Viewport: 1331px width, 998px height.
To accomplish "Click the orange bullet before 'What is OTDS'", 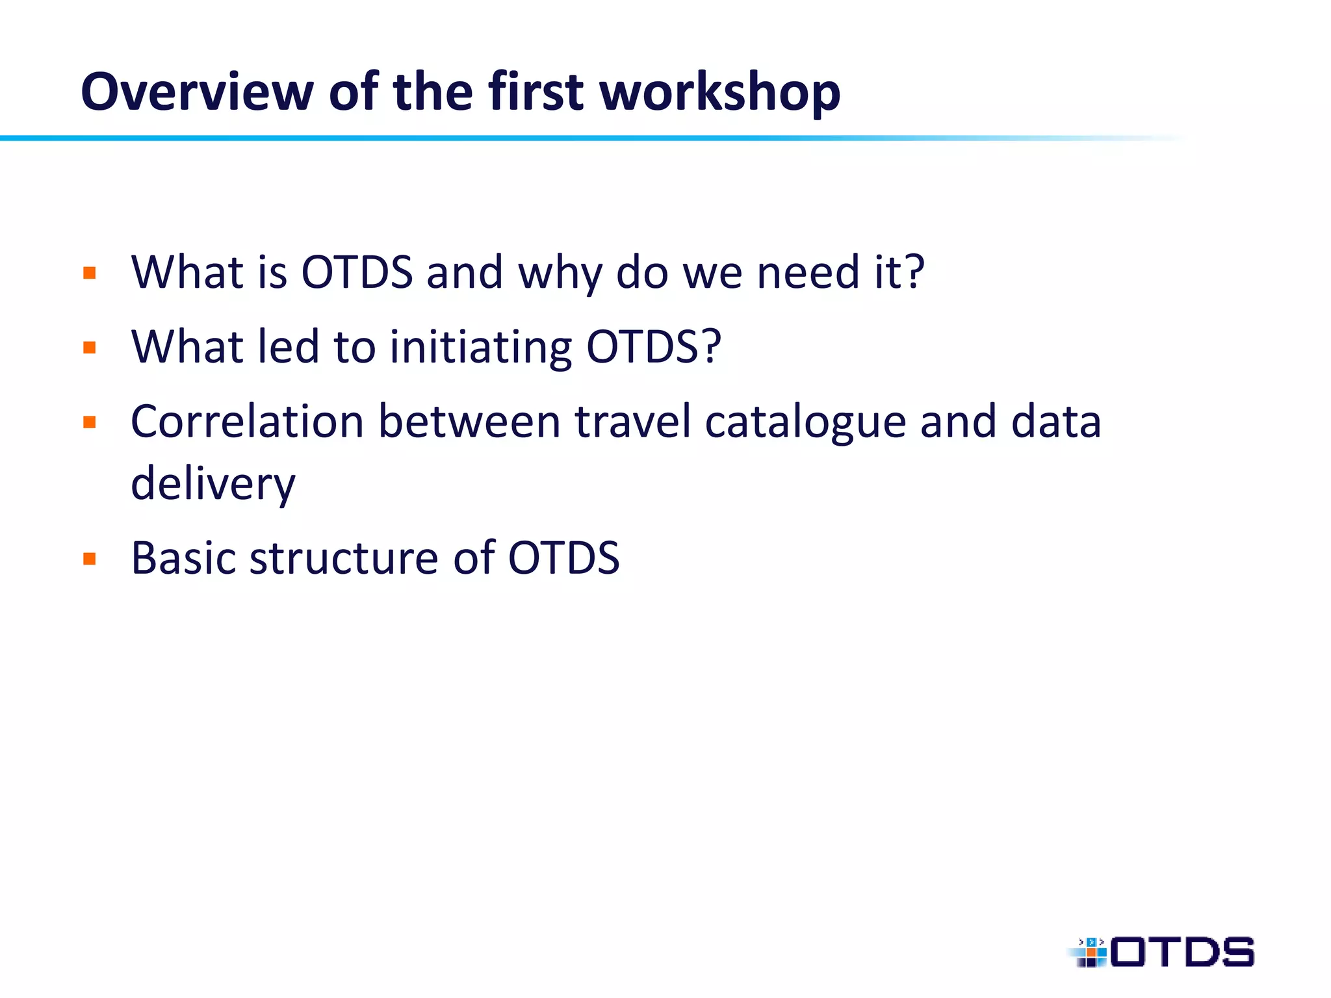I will point(90,273).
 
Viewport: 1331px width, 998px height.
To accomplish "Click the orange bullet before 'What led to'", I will point(90,348).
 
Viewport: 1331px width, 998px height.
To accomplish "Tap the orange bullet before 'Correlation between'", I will point(90,423).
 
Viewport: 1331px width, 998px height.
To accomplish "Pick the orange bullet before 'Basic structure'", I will point(90,559).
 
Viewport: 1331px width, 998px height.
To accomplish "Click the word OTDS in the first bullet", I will point(357,272).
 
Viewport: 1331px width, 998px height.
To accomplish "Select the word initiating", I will point(480,348).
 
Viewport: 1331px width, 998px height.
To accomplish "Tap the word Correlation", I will point(247,422).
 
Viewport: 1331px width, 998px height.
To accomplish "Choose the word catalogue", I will point(805,422).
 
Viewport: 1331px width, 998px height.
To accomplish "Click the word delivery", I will point(213,485).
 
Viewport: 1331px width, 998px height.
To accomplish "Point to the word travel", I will point(632,422).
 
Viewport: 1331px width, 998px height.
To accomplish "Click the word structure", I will point(344,558).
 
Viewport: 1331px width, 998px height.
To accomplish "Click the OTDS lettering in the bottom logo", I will point(1182,953).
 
